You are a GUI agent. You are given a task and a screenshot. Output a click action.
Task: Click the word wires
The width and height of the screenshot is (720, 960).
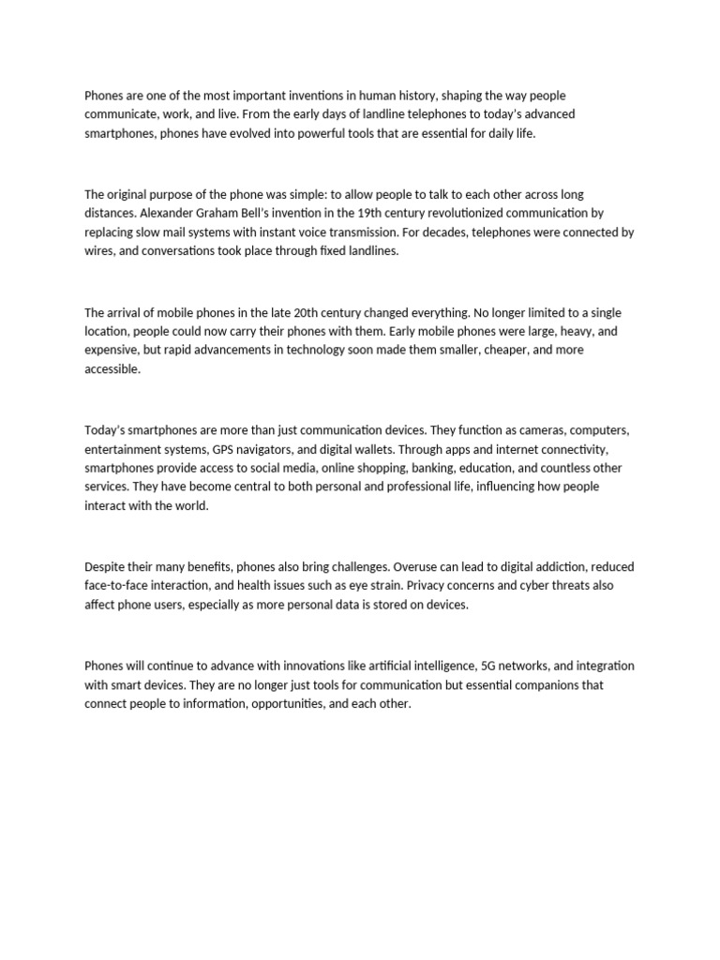click(x=100, y=250)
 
